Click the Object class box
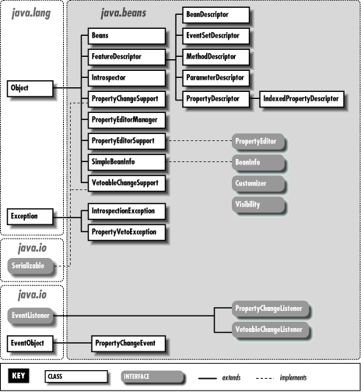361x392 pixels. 30,88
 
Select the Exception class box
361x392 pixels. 30,214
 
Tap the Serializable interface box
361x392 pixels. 30,266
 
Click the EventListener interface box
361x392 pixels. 30,316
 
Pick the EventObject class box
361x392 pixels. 30,342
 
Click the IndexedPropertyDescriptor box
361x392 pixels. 300,99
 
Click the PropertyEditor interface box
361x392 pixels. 259,141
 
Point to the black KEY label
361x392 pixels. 18,376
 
